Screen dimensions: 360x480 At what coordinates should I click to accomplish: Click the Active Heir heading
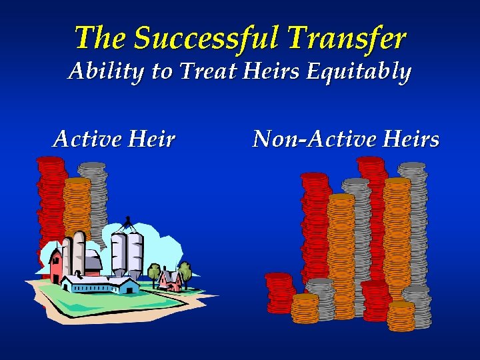tap(114, 139)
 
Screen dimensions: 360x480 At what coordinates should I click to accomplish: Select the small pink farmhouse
tap(171, 281)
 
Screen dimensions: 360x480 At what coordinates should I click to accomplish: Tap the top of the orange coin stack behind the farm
tap(77, 181)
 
